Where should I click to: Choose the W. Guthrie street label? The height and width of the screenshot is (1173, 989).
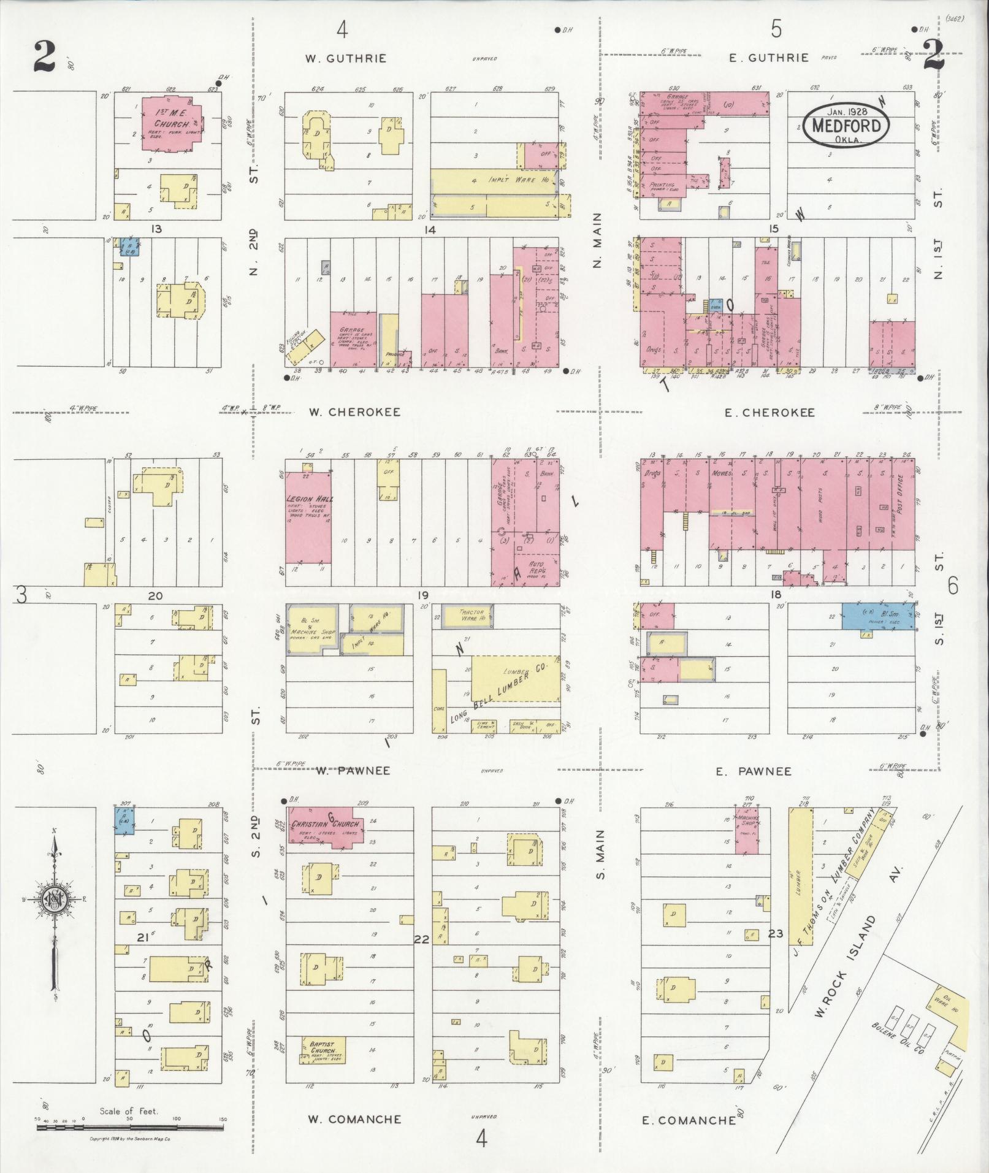pyautogui.click(x=346, y=59)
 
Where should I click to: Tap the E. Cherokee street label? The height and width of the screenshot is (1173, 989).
pyautogui.click(x=769, y=413)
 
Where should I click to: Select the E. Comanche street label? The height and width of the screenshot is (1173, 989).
pyautogui.click(x=689, y=1120)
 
